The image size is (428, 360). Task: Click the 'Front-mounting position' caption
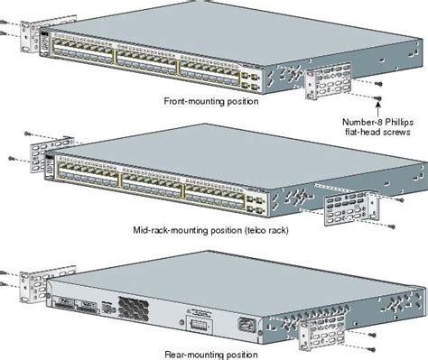(211, 101)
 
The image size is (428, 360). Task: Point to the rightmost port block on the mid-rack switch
(217, 191)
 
